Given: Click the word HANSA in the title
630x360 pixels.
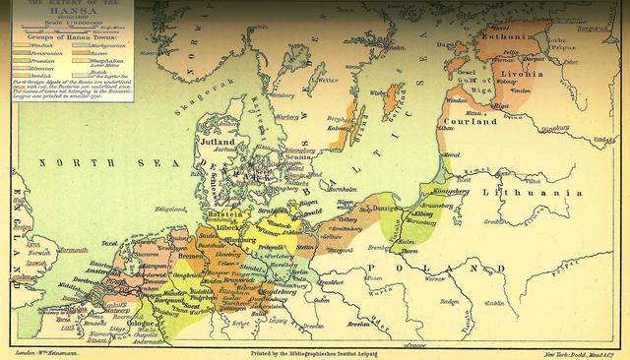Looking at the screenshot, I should [x=67, y=12].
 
